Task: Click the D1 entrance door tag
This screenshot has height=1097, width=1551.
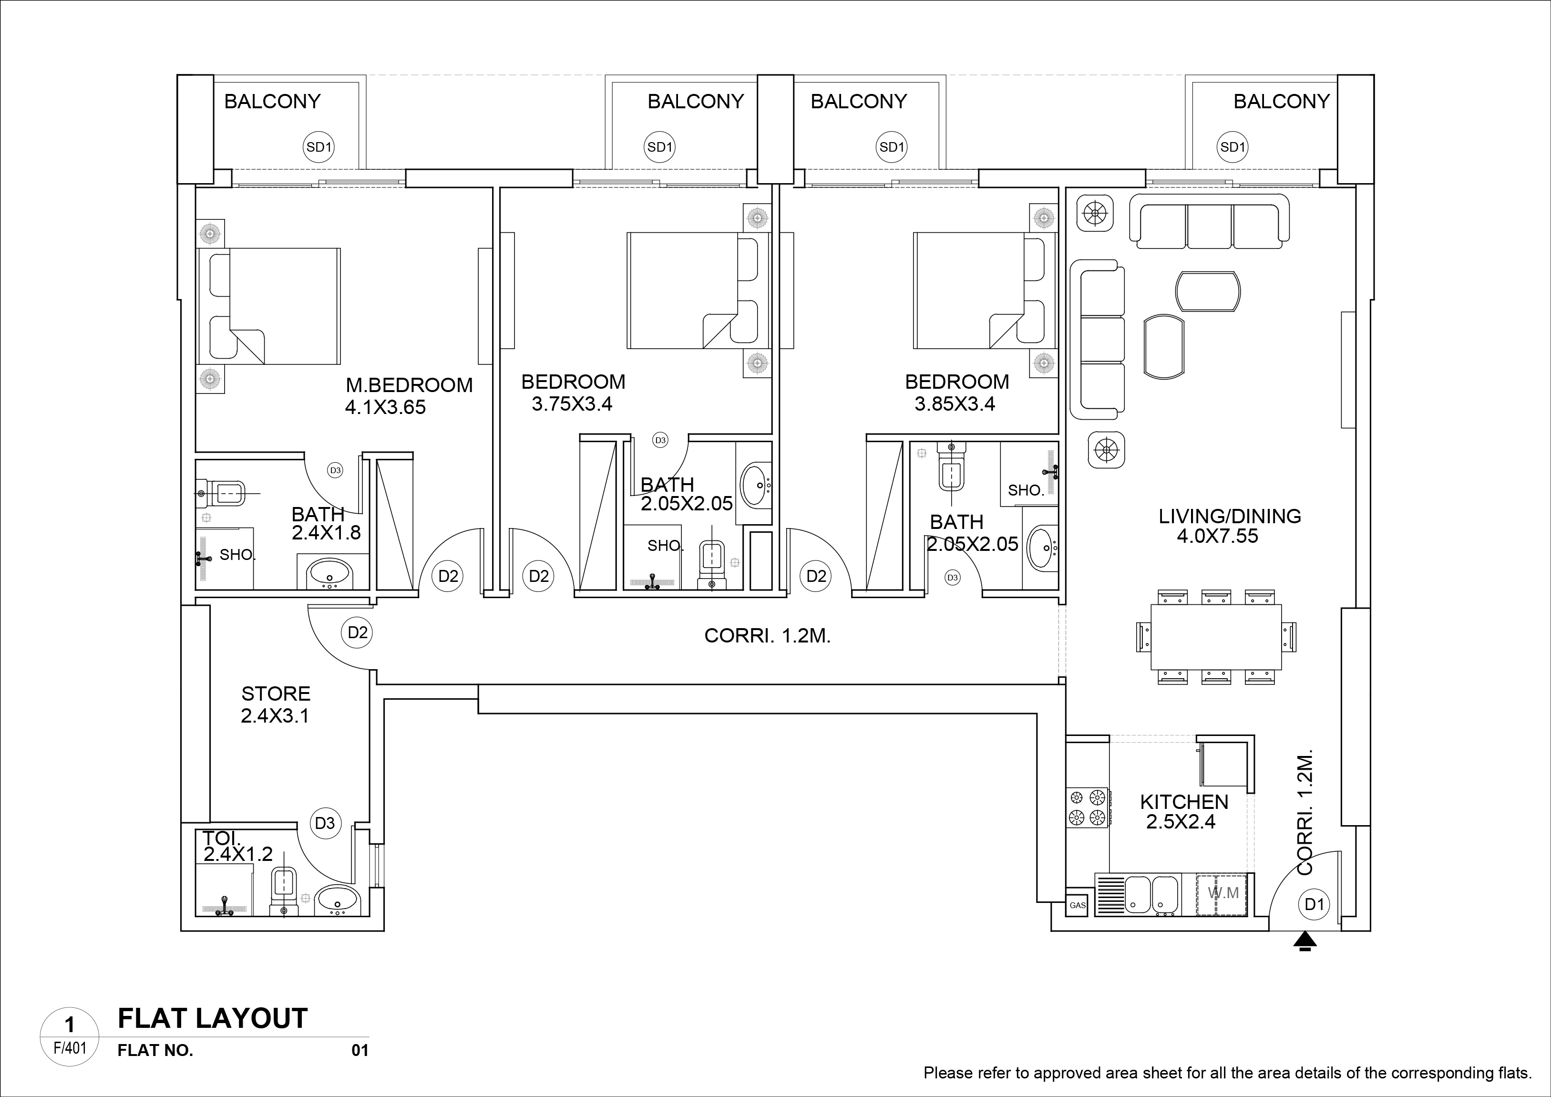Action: click(x=1314, y=904)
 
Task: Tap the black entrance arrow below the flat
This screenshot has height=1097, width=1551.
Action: click(x=1305, y=942)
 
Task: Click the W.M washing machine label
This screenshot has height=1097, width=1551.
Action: click(x=1222, y=893)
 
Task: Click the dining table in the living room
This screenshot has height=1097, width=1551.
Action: click(x=1215, y=637)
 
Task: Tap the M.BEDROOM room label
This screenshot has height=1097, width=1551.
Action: click(x=409, y=385)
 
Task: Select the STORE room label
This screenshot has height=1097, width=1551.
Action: click(x=276, y=693)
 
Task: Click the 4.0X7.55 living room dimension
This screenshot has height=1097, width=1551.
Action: click(x=1217, y=537)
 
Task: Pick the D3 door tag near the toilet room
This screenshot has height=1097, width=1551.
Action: click(x=325, y=823)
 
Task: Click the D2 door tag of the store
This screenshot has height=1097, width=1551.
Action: click(x=357, y=632)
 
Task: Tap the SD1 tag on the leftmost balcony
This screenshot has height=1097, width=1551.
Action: click(x=319, y=147)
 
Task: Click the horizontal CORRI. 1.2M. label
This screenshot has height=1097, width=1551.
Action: click(x=767, y=636)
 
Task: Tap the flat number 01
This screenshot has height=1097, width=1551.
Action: click(x=360, y=1050)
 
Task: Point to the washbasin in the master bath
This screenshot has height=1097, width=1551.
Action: click(x=329, y=574)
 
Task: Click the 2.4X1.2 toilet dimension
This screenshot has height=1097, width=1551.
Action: click(x=238, y=854)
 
